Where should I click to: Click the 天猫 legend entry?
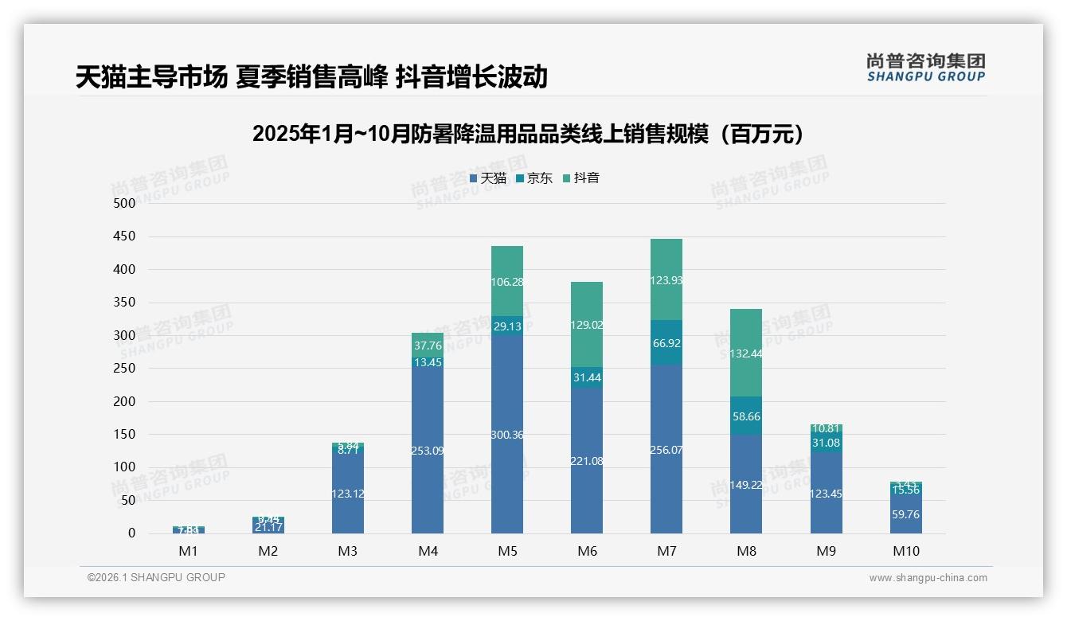[x=487, y=178]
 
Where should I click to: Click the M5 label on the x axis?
[x=507, y=551]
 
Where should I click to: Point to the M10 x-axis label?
[x=905, y=551]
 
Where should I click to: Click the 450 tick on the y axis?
[x=125, y=236]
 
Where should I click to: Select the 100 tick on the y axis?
[x=125, y=467]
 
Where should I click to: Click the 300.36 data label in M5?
[x=507, y=435]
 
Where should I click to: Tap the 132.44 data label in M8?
[x=746, y=353]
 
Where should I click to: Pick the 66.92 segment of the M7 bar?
[x=666, y=343]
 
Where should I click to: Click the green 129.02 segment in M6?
[x=587, y=325]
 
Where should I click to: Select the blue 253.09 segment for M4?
[x=428, y=451]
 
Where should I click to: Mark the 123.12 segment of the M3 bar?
[x=348, y=494]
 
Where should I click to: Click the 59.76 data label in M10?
[x=905, y=514]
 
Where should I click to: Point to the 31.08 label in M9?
[x=826, y=443]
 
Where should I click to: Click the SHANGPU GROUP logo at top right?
[x=925, y=67]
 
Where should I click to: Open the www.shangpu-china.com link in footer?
[x=928, y=578]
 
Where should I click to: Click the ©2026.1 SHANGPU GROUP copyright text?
[x=156, y=577]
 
